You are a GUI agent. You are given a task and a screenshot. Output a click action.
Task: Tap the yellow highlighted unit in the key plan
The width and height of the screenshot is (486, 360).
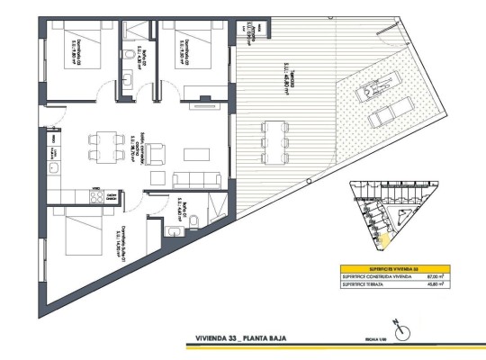click(383, 240)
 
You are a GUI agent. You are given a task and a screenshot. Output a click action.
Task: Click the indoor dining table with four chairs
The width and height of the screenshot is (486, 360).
click(103, 145)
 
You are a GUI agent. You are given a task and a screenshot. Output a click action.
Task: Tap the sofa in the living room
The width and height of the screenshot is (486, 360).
click(190, 177)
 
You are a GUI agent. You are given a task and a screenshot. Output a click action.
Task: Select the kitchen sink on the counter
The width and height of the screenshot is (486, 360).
click(53, 168)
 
